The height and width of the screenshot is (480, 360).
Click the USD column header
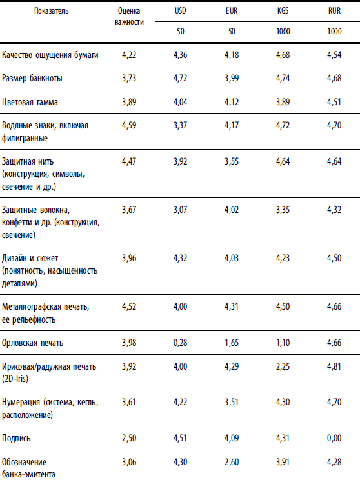(180, 11)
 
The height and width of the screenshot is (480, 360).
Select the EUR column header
(232, 11)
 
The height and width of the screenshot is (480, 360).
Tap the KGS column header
(283, 11)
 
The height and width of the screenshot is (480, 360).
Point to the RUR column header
(334, 11)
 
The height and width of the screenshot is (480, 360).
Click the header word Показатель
(51, 11)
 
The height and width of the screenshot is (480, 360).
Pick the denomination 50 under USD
(180, 31)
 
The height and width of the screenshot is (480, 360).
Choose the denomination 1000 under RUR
(334, 31)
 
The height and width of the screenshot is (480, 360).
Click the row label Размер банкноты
(32, 78)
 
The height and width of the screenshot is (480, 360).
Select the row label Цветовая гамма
(30, 102)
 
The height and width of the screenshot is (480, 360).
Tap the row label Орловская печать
(32, 343)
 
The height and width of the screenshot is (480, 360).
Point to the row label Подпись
(16, 438)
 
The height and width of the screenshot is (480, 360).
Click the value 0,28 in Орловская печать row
(180, 343)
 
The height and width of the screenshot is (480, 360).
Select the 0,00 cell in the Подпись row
(334, 438)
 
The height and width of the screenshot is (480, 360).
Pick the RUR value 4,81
(334, 366)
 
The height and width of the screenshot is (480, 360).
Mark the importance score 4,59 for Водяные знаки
(129, 125)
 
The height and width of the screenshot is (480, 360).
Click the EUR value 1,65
(232, 343)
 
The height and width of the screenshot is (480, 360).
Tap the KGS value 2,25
(283, 366)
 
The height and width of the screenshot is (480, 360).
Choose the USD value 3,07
(180, 210)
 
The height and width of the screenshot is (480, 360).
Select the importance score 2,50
(129, 438)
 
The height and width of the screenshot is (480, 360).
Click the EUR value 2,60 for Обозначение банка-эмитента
(232, 462)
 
